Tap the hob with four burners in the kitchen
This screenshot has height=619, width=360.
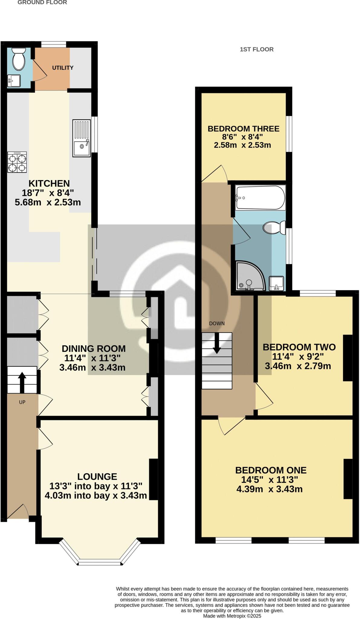tap(17, 162)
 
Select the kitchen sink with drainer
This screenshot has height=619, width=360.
tap(81, 138)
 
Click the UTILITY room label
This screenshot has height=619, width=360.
tap(63, 68)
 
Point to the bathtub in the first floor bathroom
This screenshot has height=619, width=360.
tap(260, 198)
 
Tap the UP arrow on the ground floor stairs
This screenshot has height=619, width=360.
tap(22, 379)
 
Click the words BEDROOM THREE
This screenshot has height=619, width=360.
tap(243, 129)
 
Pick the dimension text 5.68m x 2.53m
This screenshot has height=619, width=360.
tap(48, 202)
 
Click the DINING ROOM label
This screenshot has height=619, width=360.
tap(94, 348)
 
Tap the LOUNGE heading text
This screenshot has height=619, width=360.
tap(97, 477)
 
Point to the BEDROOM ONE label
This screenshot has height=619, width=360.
tap(271, 470)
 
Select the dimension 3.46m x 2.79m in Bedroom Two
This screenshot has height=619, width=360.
tap(298, 366)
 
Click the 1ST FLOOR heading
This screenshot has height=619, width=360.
tap(257, 49)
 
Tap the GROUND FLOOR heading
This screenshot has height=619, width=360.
tap(42, 2)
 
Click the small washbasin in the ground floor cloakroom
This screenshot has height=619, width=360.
tap(14, 81)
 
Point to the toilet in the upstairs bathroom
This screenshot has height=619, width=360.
tap(274, 228)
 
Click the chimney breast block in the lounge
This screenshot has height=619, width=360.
tap(154, 479)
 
